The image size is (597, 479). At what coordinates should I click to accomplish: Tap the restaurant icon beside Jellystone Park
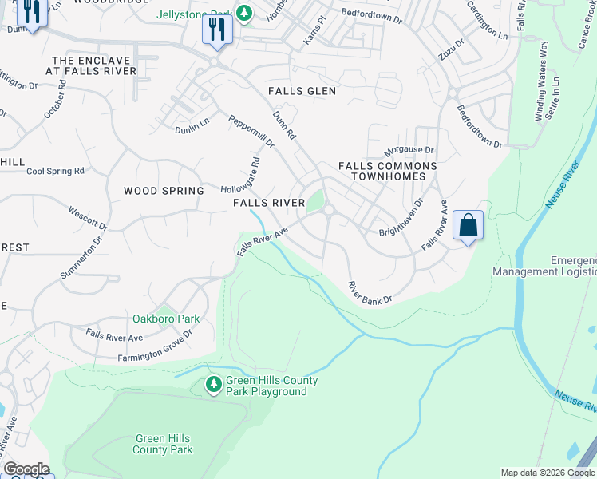tap(216, 30)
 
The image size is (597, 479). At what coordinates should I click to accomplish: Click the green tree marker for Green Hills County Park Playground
tap(213, 385)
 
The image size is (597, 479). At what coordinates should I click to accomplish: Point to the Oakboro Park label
tap(166, 319)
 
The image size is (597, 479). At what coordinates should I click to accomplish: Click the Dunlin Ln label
tap(192, 127)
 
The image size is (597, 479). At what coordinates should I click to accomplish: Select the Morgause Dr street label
tap(409, 150)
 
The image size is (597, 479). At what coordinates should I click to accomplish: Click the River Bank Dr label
tap(370, 292)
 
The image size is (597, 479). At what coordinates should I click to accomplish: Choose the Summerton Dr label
tap(82, 257)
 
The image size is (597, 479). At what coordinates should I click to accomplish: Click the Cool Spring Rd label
tap(56, 171)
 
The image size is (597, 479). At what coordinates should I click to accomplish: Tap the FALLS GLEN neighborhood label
tap(302, 91)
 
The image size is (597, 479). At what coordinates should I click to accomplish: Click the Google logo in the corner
tap(26, 469)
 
